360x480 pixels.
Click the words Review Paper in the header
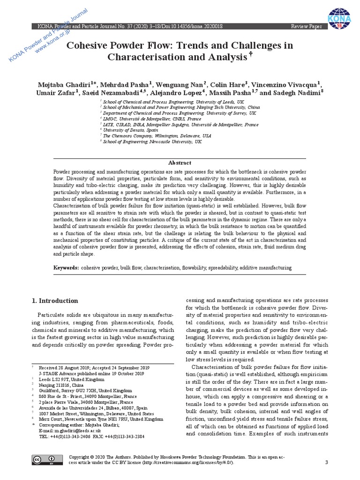(307, 27)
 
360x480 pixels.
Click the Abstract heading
(180, 163)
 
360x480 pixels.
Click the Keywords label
(65, 268)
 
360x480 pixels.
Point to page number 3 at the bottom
(326, 463)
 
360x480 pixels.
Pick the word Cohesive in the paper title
(88, 46)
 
